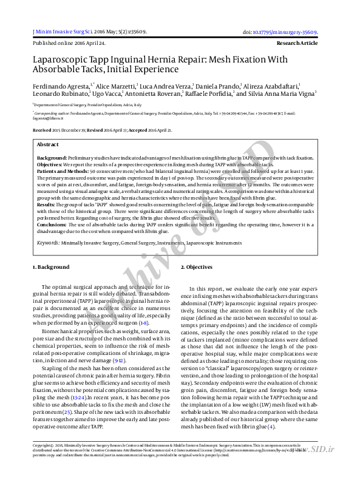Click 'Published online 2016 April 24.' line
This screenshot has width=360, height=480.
[69, 44]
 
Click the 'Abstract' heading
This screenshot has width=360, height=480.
[48, 144]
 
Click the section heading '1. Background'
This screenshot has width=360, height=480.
[51, 267]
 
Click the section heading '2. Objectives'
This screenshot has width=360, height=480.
[196, 267]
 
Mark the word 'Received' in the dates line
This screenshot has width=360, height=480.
[42, 130]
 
